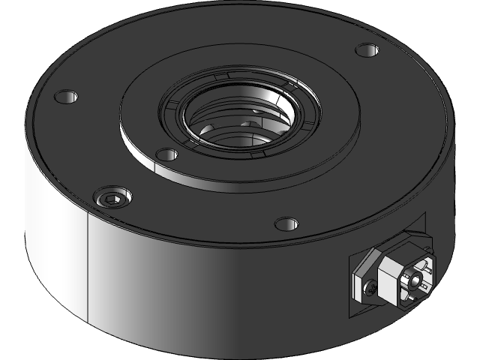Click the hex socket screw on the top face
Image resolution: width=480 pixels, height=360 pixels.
pos(112,198)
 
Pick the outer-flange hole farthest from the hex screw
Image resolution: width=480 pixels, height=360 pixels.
pos(367,51)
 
